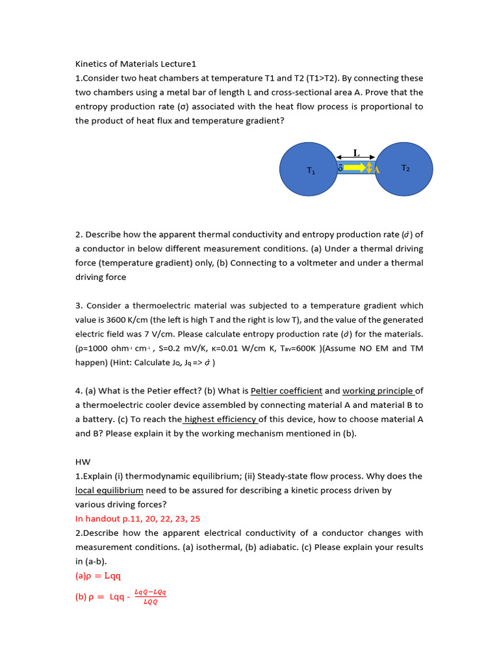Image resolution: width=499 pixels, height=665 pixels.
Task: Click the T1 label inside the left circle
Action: tap(311, 171)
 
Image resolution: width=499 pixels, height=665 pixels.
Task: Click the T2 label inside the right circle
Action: tap(405, 168)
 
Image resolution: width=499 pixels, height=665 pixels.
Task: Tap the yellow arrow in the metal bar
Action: tap(355, 168)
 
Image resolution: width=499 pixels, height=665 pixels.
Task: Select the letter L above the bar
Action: tap(355, 153)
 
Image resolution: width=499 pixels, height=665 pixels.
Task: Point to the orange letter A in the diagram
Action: tap(376, 169)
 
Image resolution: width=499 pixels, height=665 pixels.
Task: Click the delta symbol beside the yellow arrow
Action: tap(340, 168)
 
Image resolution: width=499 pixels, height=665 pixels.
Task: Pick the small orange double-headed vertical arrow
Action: tap(369, 168)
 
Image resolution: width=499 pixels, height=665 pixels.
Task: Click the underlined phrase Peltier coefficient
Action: tap(287, 391)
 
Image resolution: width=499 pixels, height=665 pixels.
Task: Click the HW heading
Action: tap(82, 462)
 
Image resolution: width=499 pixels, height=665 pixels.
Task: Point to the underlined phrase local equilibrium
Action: tap(109, 490)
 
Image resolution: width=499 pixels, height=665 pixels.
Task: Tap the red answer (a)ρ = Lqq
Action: tap(98, 575)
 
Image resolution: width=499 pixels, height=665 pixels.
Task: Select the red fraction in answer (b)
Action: tap(150, 597)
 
